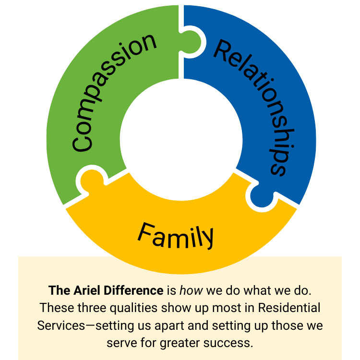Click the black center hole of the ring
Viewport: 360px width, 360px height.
[181, 134]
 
